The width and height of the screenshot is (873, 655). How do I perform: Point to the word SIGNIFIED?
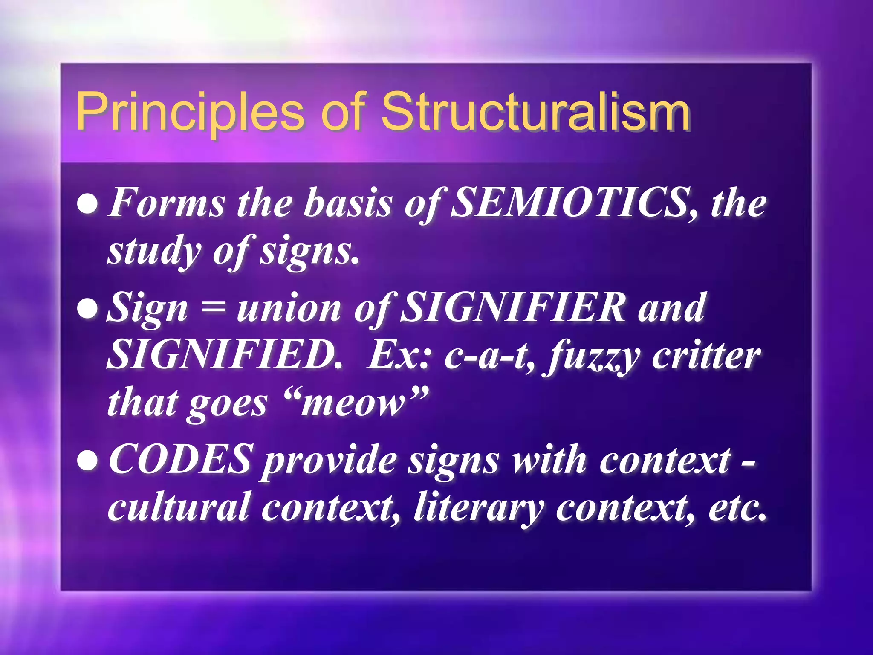(223, 355)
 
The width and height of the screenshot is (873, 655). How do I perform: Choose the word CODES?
(181, 460)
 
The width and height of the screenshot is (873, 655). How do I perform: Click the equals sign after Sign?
(213, 308)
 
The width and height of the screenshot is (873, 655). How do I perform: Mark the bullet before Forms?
(88, 204)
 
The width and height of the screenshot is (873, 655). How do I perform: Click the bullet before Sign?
(88, 309)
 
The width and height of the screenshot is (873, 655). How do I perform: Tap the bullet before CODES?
(88, 461)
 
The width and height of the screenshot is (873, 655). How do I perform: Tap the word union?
(289, 308)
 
